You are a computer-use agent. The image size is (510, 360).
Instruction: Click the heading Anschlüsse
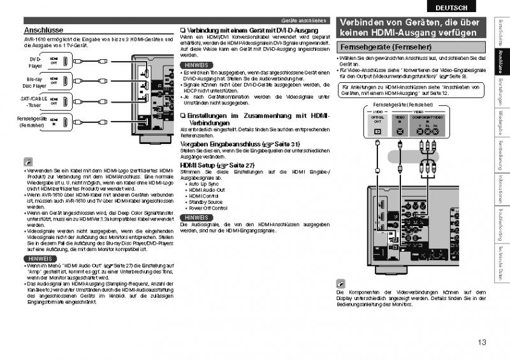(x=43, y=31)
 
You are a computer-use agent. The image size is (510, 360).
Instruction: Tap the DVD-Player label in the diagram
(x=35, y=62)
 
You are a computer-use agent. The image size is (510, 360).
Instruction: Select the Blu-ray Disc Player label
(x=34, y=82)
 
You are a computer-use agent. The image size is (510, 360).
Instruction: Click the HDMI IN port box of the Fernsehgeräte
(x=54, y=121)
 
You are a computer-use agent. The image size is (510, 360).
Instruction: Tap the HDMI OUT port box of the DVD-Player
(x=54, y=62)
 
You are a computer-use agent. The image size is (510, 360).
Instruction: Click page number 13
(x=481, y=342)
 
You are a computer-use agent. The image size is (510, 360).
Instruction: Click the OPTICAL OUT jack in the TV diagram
(x=377, y=131)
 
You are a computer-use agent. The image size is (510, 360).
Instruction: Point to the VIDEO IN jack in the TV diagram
(x=400, y=131)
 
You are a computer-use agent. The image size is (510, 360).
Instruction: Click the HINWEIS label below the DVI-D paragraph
(x=194, y=66)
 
